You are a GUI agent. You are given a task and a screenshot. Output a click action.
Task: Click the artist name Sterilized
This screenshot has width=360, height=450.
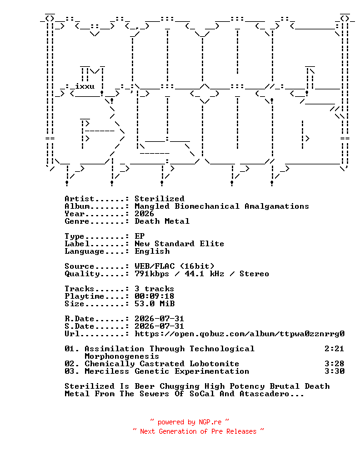tap(159, 199)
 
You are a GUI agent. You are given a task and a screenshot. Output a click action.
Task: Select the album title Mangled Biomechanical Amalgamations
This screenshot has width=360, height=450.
tap(222, 206)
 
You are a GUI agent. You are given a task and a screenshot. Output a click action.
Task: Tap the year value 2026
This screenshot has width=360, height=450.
tap(144, 214)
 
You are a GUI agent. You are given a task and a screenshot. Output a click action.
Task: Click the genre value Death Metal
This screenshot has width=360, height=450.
tap(162, 221)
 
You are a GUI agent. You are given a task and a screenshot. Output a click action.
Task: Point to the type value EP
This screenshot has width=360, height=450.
tap(139, 236)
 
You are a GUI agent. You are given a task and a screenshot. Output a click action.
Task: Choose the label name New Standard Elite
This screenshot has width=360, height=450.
tap(179, 243)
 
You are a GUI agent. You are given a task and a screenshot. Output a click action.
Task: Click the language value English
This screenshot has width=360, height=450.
tap(152, 251)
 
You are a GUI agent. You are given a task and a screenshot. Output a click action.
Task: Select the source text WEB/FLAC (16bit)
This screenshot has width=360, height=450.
tap(174, 266)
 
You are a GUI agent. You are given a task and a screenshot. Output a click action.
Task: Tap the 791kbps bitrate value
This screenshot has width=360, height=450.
tap(152, 274)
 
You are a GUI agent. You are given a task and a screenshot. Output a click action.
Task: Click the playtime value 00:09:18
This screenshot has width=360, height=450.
tap(154, 296)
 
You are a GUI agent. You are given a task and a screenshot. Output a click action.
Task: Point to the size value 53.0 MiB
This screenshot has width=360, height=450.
tap(154, 303)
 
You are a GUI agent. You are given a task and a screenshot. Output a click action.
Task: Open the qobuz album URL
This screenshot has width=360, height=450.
tap(239, 334)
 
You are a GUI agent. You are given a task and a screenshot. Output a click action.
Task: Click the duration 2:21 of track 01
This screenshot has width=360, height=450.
tap(334, 348)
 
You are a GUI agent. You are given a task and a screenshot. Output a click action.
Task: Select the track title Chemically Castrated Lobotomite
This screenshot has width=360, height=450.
tap(162, 363)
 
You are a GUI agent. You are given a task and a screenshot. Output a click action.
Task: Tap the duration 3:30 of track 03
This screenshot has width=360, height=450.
tap(334, 371)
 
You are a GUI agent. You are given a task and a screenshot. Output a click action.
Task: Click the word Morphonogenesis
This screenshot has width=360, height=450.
tap(122, 356)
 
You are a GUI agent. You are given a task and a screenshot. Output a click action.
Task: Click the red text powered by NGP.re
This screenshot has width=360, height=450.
tap(189, 422)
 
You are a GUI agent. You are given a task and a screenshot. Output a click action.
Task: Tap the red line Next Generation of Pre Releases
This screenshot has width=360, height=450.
tap(198, 431)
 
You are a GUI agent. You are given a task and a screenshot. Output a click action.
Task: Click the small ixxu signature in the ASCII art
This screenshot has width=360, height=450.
tap(84, 86)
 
